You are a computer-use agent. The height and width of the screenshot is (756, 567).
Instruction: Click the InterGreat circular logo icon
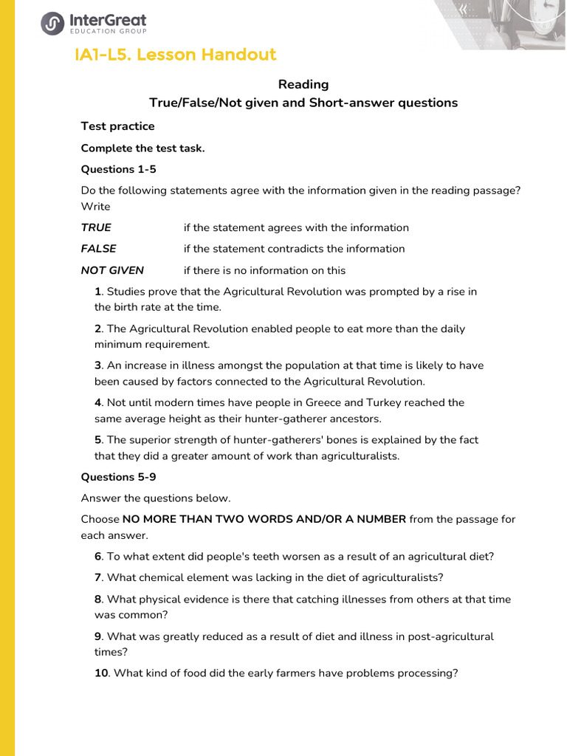[52, 24]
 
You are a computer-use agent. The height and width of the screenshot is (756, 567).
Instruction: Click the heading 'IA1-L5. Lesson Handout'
[176, 55]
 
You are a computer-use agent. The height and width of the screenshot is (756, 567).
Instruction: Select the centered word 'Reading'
[303, 84]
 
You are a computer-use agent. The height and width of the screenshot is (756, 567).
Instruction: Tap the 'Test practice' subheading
[117, 126]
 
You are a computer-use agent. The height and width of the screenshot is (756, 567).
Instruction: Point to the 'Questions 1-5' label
[118, 169]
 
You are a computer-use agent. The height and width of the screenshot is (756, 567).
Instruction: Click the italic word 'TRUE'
[96, 227]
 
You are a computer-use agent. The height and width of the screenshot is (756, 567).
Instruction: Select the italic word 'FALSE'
[98, 249]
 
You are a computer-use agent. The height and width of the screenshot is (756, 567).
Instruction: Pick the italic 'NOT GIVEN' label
[112, 270]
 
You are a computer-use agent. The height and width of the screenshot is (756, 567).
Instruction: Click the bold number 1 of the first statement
[97, 292]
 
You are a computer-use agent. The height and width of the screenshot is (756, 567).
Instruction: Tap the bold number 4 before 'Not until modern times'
[97, 402]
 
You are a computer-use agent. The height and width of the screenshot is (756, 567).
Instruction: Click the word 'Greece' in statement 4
[323, 402]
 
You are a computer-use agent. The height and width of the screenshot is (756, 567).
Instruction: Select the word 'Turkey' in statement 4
[385, 402]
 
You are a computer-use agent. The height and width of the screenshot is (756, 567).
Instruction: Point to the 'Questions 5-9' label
[118, 477]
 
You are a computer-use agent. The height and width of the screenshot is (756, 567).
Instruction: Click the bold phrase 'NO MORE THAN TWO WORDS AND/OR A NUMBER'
[264, 519]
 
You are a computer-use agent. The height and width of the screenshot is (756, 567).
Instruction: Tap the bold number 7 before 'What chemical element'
[97, 577]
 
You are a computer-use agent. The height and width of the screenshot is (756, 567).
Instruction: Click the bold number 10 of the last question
[101, 673]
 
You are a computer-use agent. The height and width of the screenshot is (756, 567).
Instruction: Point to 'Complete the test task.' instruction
[142, 148]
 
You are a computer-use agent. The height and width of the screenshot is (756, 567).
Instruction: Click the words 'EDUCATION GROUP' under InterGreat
[107, 32]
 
